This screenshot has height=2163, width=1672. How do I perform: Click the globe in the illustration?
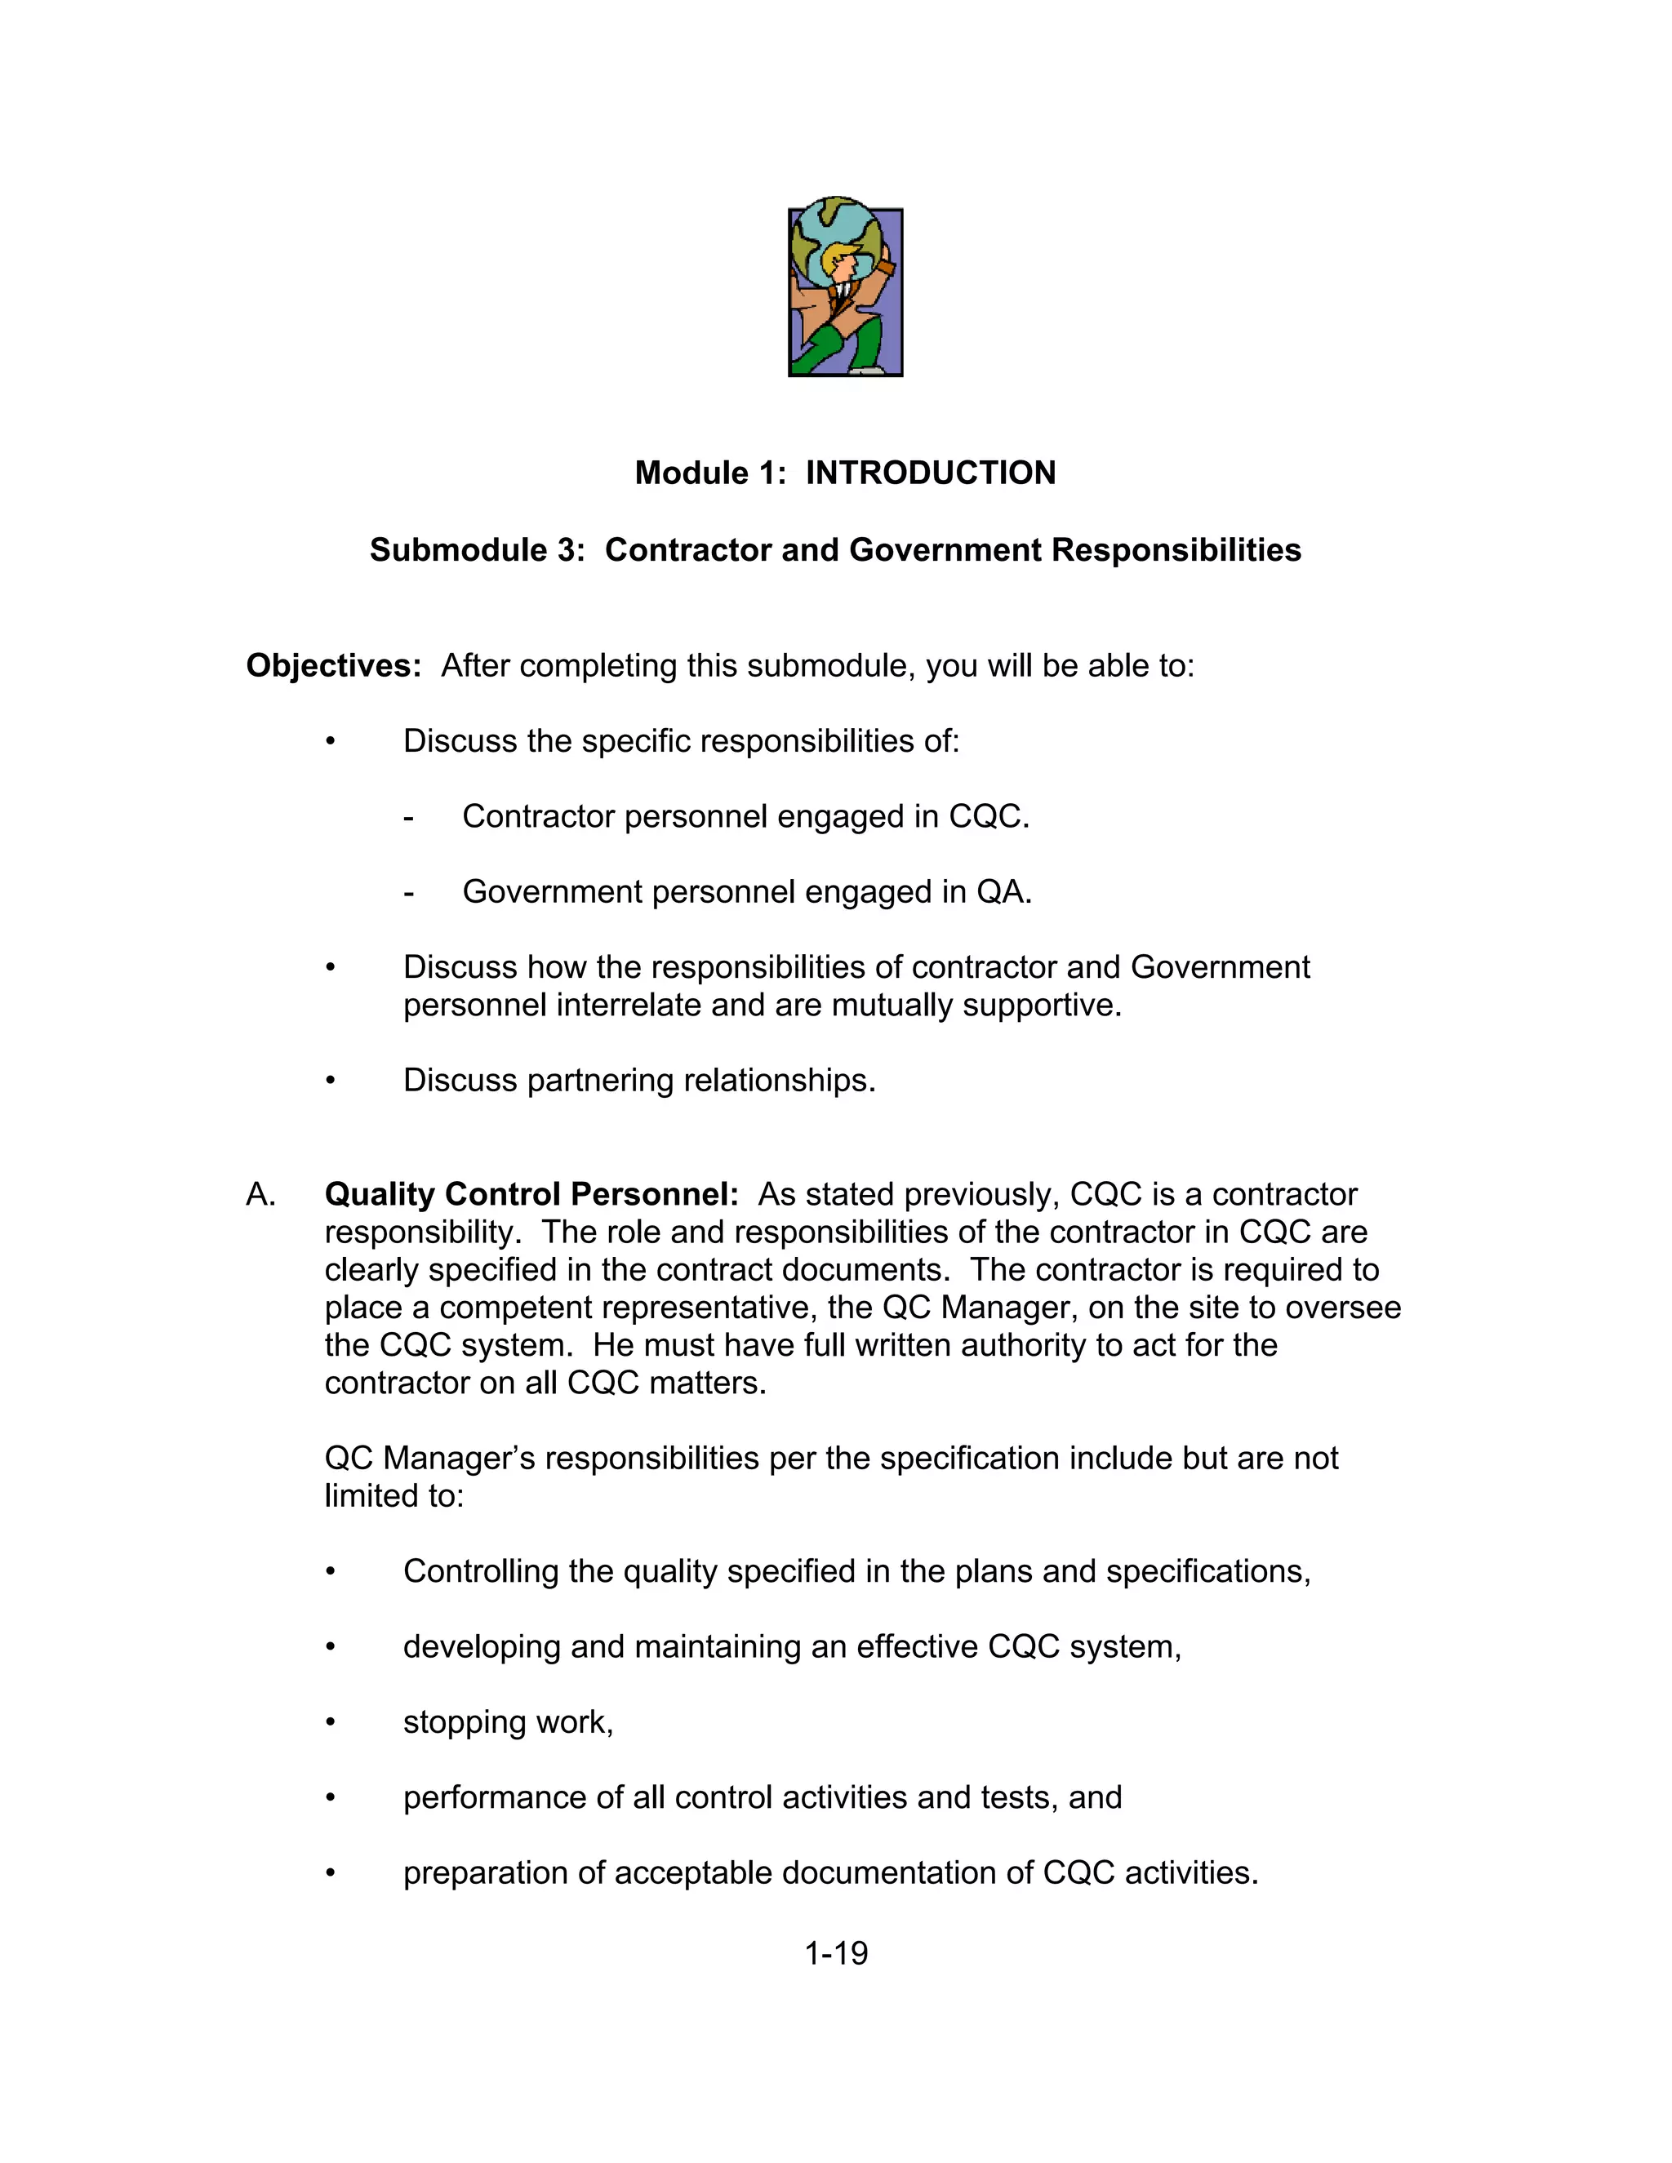(837, 233)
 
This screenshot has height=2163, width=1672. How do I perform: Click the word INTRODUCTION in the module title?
(930, 473)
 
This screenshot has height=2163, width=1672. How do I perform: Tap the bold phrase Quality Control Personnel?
(531, 1194)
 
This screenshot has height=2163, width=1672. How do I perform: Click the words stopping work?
(507, 1722)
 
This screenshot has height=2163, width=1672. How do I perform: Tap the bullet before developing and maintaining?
(331, 1647)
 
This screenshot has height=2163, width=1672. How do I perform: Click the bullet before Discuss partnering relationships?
(331, 1080)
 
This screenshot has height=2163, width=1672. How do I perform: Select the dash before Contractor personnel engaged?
(408, 817)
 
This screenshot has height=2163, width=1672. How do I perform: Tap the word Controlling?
(480, 1572)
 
